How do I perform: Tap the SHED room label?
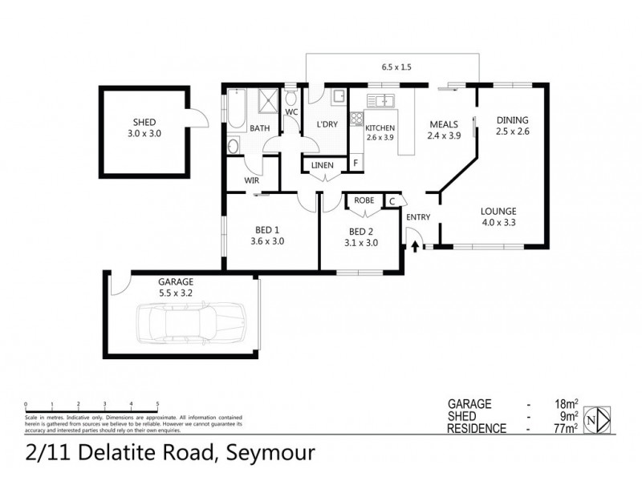(145, 122)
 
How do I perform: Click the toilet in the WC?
(291, 97)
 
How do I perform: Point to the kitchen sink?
(381, 100)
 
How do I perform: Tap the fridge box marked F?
(355, 164)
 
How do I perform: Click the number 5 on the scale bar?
(157, 404)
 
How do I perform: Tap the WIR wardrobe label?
(252, 180)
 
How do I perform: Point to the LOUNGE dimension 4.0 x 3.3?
(498, 224)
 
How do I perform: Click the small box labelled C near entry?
(393, 201)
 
